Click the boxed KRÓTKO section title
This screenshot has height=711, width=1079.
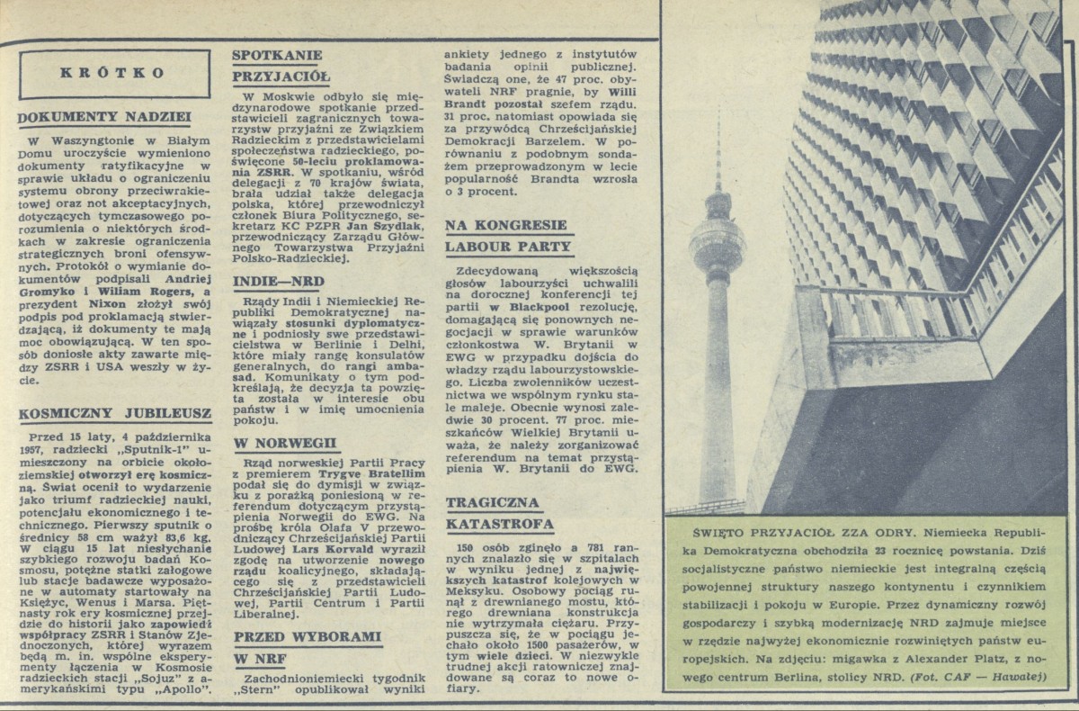[x=112, y=74]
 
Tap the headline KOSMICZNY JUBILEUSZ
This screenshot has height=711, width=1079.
[x=113, y=413]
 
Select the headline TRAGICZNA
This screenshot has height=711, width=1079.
[x=493, y=502]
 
